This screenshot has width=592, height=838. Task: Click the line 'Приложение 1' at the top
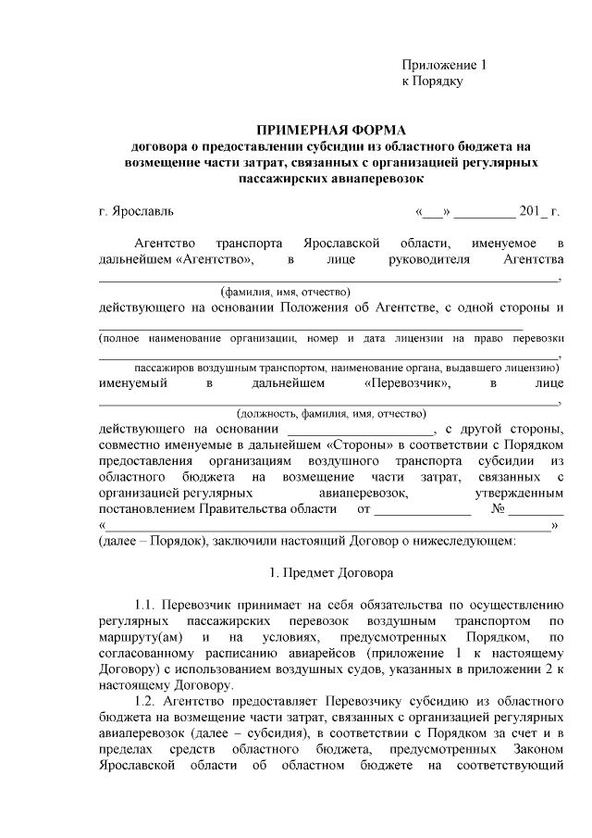[x=444, y=66]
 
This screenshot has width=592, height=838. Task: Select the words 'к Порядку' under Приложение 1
[x=432, y=81]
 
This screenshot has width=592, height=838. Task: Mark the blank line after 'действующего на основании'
[x=361, y=432]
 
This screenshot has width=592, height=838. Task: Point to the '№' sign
[x=498, y=510]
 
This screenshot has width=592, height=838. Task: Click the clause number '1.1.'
[x=148, y=606]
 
